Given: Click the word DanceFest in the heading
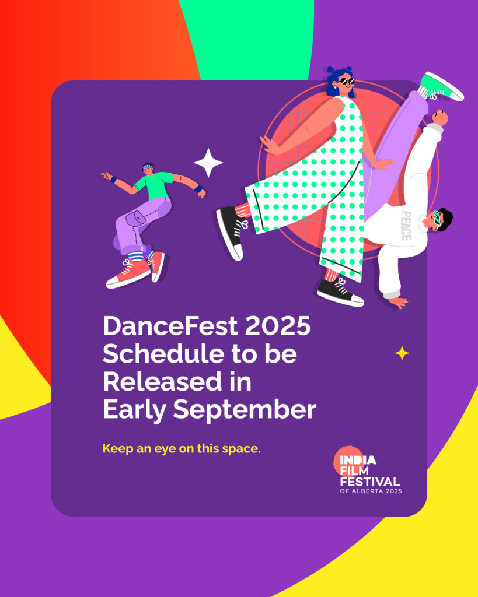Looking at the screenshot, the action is click(170, 326).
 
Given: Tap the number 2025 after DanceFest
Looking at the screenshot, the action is click(278, 326).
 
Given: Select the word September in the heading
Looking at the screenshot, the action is click(245, 410).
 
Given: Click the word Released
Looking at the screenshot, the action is click(162, 381).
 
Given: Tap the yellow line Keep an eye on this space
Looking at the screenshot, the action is click(182, 448).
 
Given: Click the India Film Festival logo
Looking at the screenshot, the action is click(368, 470).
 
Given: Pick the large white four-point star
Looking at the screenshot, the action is click(208, 163).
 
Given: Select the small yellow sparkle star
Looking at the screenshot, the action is click(402, 353).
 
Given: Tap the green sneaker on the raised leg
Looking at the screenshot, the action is click(441, 87).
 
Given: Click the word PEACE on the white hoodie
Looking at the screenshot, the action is click(406, 226).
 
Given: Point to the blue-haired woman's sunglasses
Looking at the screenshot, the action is click(346, 81).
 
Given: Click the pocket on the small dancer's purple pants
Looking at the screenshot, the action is click(135, 219).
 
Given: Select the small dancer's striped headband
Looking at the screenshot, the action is click(148, 166).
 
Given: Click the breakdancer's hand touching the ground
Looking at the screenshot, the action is click(398, 303).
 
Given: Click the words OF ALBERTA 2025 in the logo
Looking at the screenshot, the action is click(371, 491).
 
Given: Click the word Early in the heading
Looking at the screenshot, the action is click(135, 410).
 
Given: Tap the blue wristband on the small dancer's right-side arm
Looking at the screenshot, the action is click(197, 189).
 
